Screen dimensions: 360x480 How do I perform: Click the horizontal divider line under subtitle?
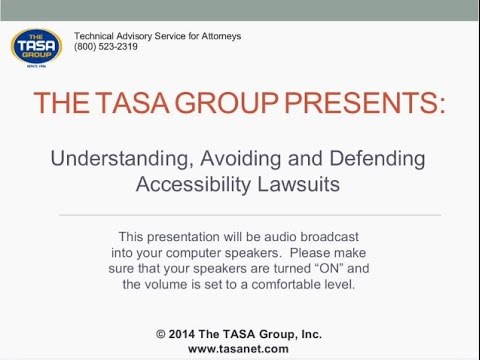[247, 214]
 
